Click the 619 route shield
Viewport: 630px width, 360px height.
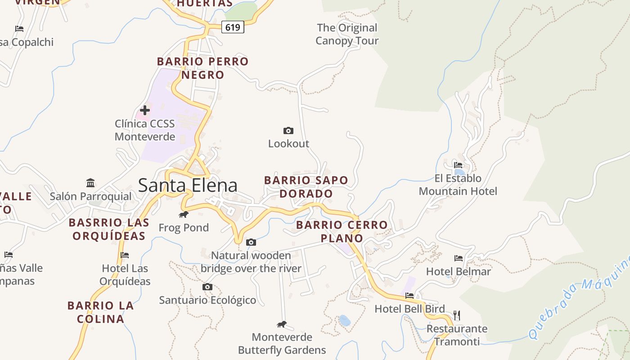click(x=233, y=27)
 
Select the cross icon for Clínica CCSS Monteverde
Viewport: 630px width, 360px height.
click(x=145, y=110)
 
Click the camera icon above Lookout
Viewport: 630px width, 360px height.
click(x=288, y=131)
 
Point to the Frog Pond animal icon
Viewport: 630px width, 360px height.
click(x=184, y=214)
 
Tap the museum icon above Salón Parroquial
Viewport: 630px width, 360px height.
click(x=90, y=183)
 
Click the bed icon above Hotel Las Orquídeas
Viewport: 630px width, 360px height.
click(x=125, y=255)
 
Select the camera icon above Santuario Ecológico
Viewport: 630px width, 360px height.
click(x=207, y=287)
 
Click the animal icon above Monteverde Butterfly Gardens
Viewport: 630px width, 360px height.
click(x=282, y=324)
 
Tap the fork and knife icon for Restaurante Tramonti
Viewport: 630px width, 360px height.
click(x=457, y=315)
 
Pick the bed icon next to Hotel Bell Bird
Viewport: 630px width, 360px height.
click(x=409, y=296)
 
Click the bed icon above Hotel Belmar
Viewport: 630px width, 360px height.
click(x=459, y=258)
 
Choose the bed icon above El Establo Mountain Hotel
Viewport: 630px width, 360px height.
click(x=458, y=165)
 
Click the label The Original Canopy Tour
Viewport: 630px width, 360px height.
click(x=347, y=34)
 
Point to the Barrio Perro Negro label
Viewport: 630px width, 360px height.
click(x=202, y=68)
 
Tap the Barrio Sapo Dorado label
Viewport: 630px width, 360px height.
click(x=306, y=187)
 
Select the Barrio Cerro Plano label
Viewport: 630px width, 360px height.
click(x=342, y=231)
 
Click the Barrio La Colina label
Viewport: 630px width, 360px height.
click(x=101, y=312)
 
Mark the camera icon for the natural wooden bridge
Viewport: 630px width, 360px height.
click(x=251, y=243)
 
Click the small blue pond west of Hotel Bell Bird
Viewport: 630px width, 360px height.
click(x=345, y=320)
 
